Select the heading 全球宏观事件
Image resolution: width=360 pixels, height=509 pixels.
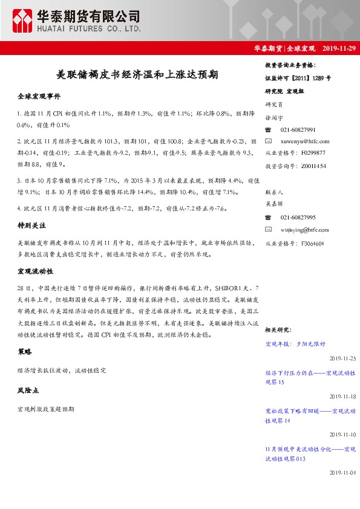39,96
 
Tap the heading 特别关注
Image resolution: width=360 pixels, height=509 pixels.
32,225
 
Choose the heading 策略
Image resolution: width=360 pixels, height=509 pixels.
25,351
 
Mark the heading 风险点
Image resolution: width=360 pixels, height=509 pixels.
28,391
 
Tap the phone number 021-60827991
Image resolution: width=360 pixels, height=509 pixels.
298,129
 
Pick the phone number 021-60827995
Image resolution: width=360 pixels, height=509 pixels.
298,217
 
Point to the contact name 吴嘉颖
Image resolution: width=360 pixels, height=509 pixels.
275,204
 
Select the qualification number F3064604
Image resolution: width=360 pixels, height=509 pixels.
312,243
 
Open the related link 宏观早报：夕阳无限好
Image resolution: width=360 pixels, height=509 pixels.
295,343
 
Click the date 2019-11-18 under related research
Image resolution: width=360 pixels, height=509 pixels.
343,396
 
